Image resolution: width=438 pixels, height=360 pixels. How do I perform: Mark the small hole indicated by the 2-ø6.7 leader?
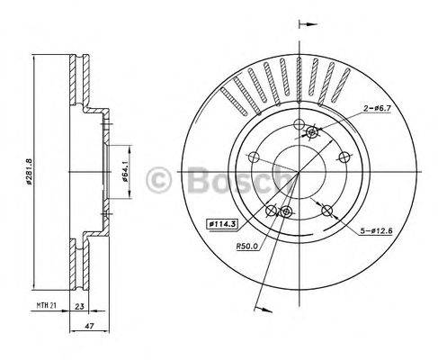(x=312, y=133)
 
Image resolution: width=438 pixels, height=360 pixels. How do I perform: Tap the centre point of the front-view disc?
(x=299, y=170)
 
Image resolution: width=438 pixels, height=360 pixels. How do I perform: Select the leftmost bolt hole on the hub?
(x=256, y=153)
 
